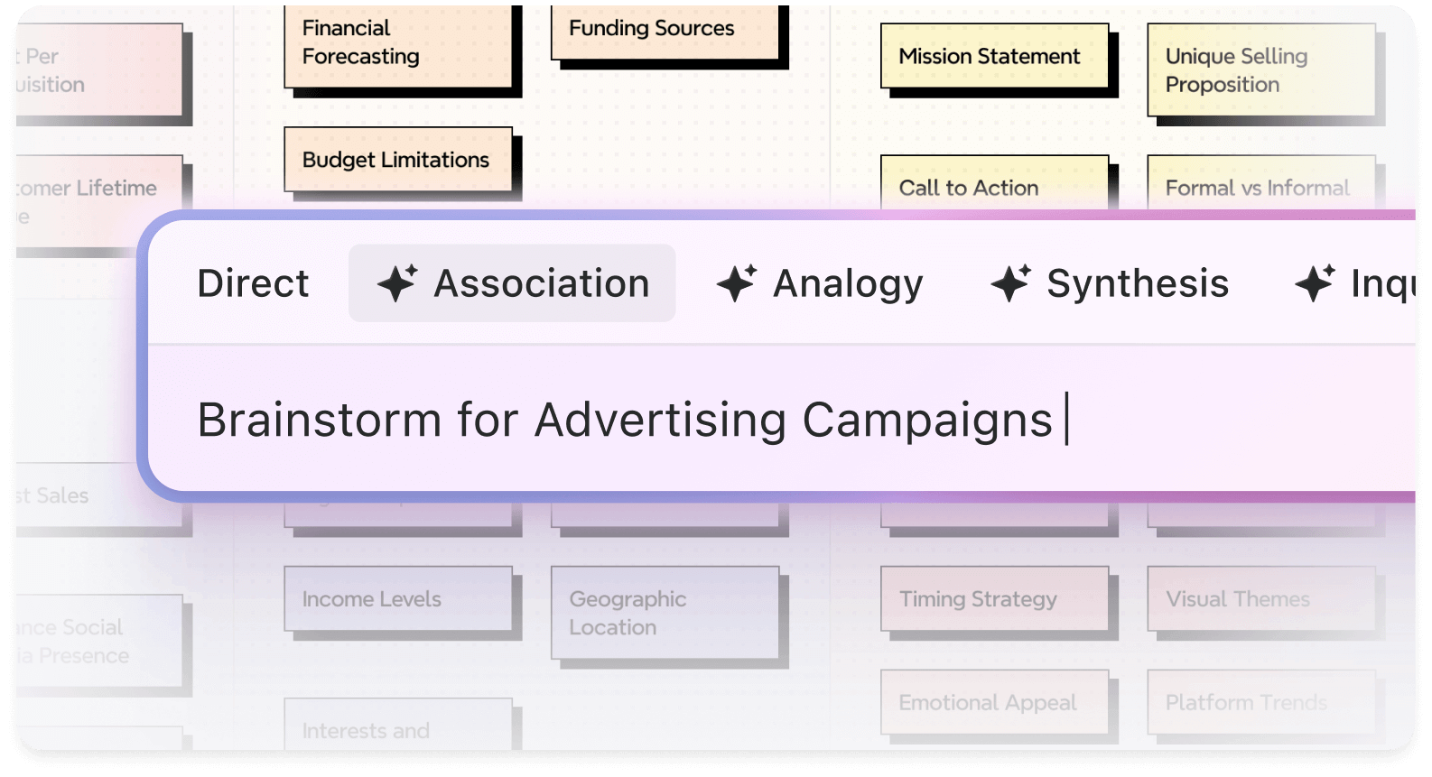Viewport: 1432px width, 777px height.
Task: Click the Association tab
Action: (512, 283)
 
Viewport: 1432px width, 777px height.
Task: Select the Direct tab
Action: (253, 283)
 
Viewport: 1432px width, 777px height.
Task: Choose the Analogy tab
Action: (820, 283)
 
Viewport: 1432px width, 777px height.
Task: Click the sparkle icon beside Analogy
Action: (737, 283)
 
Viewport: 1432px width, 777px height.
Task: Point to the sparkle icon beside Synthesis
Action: (1010, 283)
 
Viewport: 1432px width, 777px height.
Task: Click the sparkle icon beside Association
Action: (397, 283)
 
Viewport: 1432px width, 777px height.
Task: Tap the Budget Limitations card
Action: (397, 160)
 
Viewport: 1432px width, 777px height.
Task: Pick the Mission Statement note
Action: (994, 56)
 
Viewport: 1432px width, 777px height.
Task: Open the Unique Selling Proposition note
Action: (1260, 70)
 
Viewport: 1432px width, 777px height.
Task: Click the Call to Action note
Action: (994, 184)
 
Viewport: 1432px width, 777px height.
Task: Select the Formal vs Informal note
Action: (1260, 184)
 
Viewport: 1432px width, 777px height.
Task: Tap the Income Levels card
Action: (397, 598)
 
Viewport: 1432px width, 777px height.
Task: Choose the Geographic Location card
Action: (665, 613)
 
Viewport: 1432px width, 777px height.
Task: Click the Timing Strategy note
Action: (994, 598)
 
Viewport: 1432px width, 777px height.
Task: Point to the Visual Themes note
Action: (1260, 598)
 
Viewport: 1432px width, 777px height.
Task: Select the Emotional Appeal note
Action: (994, 702)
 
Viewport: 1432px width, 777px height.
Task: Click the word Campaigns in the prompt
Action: (927, 421)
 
